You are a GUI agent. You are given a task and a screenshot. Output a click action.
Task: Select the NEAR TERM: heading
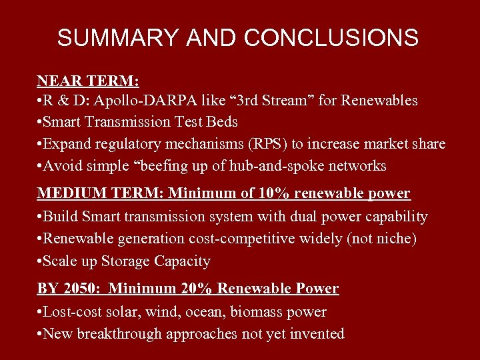[x=88, y=81]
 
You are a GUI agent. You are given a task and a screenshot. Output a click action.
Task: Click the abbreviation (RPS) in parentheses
[x=265, y=143]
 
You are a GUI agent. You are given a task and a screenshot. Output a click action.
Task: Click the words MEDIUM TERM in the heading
[x=99, y=193]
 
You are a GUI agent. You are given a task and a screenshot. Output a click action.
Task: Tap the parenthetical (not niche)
[x=387, y=239]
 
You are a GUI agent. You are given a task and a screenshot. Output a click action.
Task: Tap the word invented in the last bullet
[x=317, y=333]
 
